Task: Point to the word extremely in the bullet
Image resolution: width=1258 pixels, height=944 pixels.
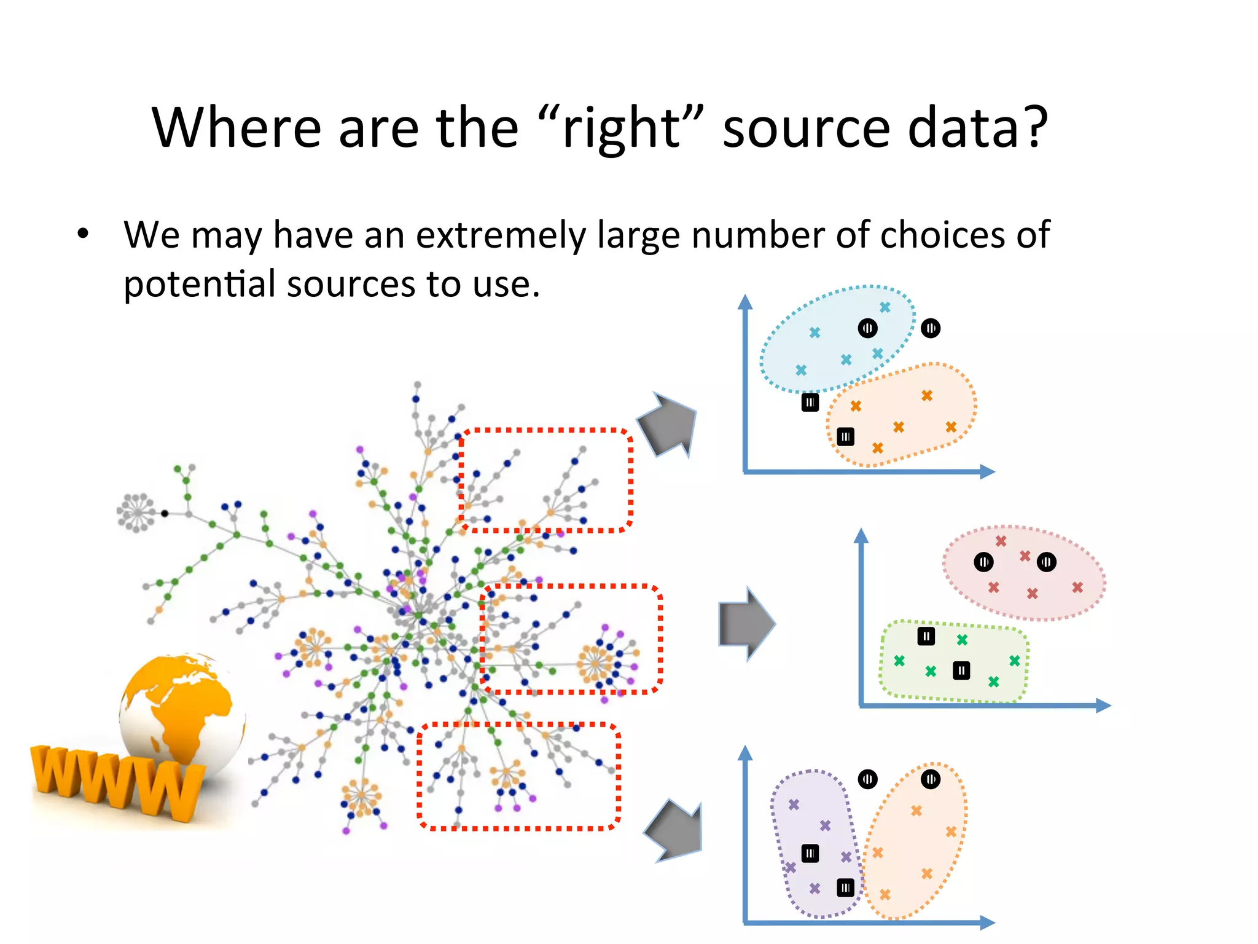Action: pyautogui.click(x=501, y=235)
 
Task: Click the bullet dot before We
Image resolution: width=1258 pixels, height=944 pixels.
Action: pyautogui.click(x=83, y=234)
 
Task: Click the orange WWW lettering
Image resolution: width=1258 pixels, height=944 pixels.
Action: pyautogui.click(x=117, y=781)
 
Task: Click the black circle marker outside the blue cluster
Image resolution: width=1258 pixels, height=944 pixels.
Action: pyautogui.click(x=931, y=328)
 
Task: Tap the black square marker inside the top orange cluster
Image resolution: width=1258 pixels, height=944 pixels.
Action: pyautogui.click(x=846, y=437)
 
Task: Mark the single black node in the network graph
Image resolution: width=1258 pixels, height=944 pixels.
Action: pyautogui.click(x=165, y=513)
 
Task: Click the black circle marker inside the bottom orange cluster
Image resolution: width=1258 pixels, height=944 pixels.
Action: pyautogui.click(x=931, y=779)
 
